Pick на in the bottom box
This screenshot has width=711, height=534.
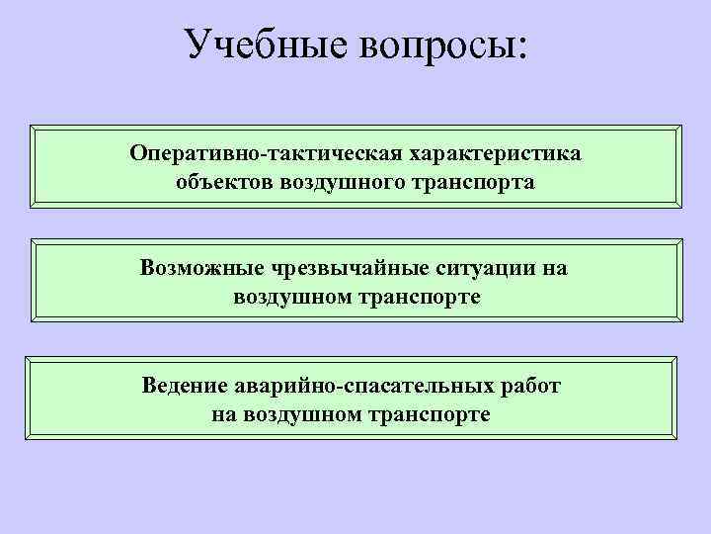pyautogui.click(x=222, y=413)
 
